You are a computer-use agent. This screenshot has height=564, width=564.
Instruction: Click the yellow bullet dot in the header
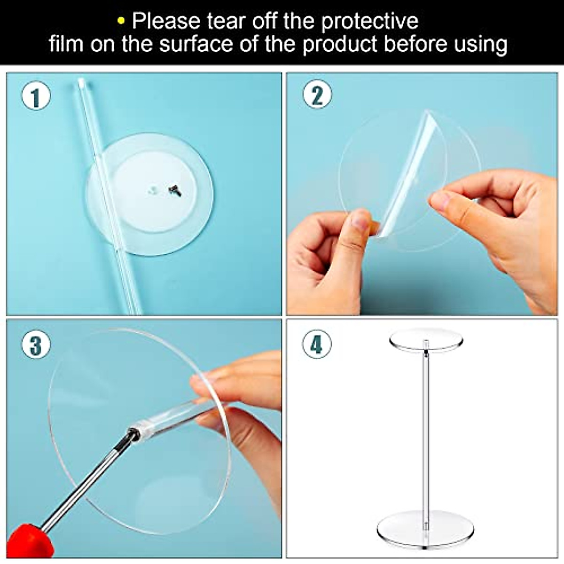click(121, 21)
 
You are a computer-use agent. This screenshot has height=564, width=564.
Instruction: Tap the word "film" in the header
click(66, 44)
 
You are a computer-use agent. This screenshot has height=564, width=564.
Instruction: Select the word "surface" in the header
click(196, 44)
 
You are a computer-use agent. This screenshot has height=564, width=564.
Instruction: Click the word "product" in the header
click(340, 44)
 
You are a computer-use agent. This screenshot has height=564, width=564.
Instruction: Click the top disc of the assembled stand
click(426, 339)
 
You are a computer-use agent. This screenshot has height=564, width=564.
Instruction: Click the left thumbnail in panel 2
click(360, 220)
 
